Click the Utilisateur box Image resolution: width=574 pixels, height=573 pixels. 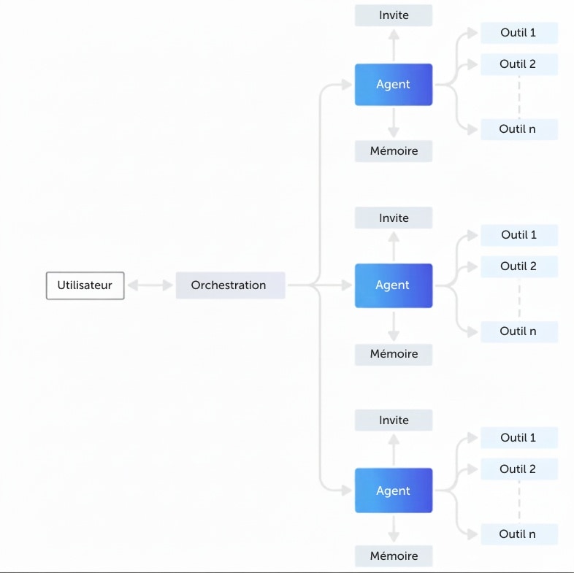click(85, 285)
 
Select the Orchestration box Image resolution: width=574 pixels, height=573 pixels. click(230, 285)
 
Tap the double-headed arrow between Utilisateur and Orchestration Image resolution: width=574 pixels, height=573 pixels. click(150, 285)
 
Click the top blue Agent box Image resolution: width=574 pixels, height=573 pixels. click(394, 85)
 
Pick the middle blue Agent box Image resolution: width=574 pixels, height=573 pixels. click(394, 285)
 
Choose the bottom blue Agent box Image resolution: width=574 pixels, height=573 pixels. click(394, 491)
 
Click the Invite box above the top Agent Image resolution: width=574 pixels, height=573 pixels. click(394, 15)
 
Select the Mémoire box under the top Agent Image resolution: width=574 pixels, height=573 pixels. click(394, 151)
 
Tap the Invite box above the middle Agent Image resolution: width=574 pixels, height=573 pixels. click(394, 218)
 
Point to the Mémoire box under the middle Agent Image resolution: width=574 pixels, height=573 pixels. click(394, 354)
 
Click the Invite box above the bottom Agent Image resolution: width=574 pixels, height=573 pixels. click(394, 420)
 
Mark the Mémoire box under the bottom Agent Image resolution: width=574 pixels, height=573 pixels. click(394, 556)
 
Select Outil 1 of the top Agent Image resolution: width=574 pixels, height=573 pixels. click(519, 33)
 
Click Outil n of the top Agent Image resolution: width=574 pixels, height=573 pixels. click(519, 129)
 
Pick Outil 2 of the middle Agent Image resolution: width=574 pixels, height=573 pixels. click(519, 266)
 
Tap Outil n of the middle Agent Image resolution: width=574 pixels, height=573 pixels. click(519, 332)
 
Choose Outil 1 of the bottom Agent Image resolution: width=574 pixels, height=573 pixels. click(519, 438)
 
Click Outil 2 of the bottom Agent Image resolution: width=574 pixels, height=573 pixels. click(519, 469)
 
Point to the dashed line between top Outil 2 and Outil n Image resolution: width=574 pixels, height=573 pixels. click(519, 97)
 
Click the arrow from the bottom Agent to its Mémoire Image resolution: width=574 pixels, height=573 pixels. click(394, 528)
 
